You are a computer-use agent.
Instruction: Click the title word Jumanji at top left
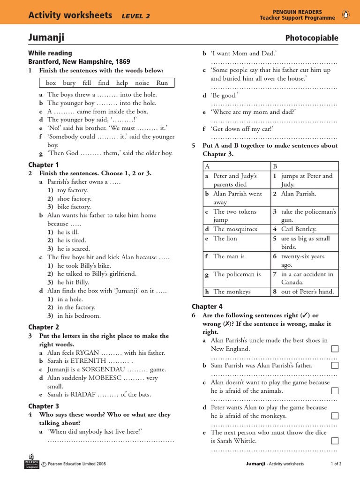click(x=46, y=37)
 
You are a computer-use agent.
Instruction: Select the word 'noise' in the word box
click(x=142, y=83)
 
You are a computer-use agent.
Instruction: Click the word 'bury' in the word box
click(x=69, y=83)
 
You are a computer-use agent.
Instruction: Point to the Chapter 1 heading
click(x=44, y=165)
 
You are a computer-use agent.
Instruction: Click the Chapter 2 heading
click(x=44, y=327)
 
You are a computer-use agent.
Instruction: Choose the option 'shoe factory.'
click(x=74, y=199)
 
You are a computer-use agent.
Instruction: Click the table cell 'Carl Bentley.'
click(x=299, y=229)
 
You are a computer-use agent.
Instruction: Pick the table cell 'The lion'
click(x=225, y=238)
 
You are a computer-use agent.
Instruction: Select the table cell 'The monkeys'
click(x=232, y=292)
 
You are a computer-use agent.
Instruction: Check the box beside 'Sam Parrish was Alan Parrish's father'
click(x=335, y=365)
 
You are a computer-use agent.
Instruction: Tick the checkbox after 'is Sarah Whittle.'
click(x=335, y=441)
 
